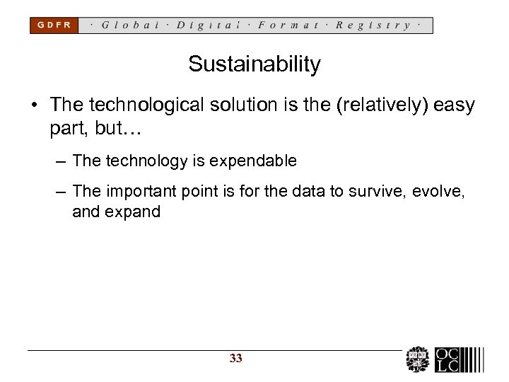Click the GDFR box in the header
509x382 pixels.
point(54,25)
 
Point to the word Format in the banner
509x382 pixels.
point(288,25)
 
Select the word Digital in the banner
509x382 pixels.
point(209,25)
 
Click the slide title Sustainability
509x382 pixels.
point(255,65)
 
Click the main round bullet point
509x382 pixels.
point(35,106)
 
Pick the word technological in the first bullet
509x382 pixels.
point(151,105)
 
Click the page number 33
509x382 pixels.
point(236,359)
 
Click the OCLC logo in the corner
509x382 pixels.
point(459,359)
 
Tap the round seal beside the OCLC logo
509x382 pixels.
point(417,359)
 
